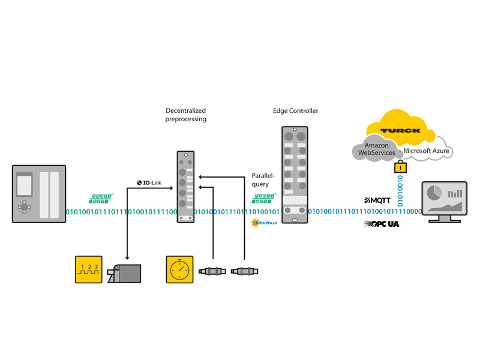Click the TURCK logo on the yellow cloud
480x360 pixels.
(x=400, y=130)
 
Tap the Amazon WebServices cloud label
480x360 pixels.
(x=377, y=149)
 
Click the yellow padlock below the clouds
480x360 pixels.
(x=397, y=168)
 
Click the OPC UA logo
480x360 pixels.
(x=381, y=224)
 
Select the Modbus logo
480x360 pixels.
(x=263, y=223)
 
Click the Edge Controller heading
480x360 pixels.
(x=296, y=111)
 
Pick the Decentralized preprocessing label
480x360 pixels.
(x=186, y=115)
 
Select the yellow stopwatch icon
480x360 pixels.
(x=179, y=270)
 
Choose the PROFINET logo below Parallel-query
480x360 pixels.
(x=263, y=197)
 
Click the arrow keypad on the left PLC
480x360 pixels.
(x=25, y=207)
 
